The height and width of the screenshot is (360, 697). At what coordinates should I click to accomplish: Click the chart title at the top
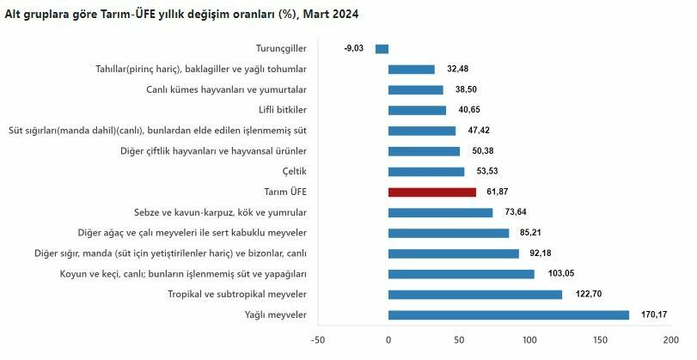[x=182, y=15]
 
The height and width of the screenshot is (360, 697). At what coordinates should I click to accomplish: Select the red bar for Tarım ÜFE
[x=431, y=192]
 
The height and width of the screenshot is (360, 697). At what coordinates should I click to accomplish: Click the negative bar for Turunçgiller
[x=382, y=49]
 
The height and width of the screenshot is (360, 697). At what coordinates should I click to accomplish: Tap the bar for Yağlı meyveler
[x=508, y=314]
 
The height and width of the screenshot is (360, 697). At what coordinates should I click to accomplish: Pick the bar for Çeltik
[x=426, y=172]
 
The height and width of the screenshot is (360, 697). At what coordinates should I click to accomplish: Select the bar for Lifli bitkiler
[x=417, y=110]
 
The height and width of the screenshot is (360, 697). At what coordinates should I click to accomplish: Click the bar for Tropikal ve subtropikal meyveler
[x=474, y=294]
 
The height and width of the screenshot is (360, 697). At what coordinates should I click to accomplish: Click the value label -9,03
[x=356, y=49]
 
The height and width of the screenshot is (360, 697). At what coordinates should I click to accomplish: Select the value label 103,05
[x=557, y=274]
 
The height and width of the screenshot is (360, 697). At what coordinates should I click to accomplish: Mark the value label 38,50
[x=466, y=89]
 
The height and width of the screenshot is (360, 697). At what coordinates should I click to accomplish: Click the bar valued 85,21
[x=449, y=233]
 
